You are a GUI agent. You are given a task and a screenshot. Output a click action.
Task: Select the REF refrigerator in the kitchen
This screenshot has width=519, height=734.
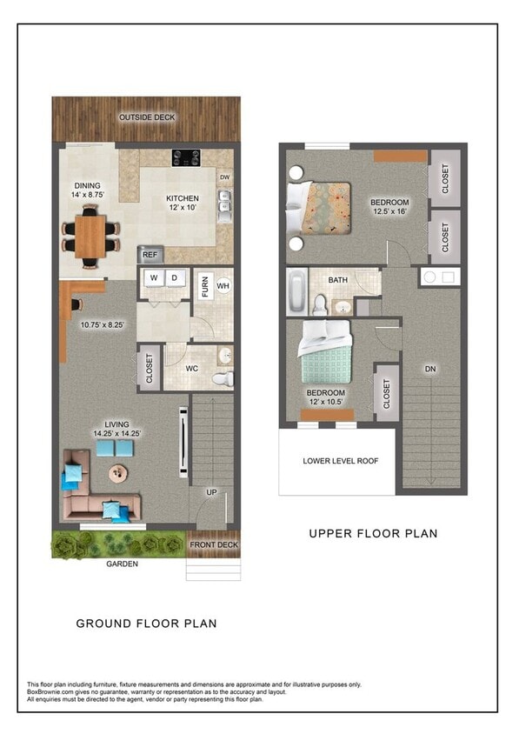click(x=150, y=255)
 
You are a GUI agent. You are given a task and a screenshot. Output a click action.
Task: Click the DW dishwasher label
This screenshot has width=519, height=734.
click(x=224, y=177)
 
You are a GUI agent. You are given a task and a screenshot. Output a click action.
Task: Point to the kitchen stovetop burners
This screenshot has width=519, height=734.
click(x=188, y=157)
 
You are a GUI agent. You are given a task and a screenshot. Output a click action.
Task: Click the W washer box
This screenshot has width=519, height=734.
click(x=154, y=278)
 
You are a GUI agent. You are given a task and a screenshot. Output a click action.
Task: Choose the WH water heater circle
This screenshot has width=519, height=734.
click(x=223, y=285)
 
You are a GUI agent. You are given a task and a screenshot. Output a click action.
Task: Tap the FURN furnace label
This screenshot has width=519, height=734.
click(x=205, y=285)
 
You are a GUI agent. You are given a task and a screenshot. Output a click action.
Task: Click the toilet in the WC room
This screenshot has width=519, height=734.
click(x=224, y=378)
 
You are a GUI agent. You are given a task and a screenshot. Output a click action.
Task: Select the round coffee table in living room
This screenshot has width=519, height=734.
click(x=116, y=474)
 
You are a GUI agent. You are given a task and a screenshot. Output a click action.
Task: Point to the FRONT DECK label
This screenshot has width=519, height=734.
click(x=212, y=544)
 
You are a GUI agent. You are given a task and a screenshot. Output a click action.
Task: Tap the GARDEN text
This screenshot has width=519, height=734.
click(x=122, y=564)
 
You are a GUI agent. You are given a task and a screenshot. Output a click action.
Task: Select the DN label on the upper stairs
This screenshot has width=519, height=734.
click(x=429, y=369)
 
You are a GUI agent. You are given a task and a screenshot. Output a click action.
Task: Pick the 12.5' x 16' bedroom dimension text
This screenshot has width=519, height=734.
click(x=390, y=210)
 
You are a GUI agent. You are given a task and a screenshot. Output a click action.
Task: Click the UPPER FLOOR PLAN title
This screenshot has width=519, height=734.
click(x=373, y=533)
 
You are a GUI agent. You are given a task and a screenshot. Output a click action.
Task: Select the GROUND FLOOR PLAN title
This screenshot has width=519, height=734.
click(x=146, y=623)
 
